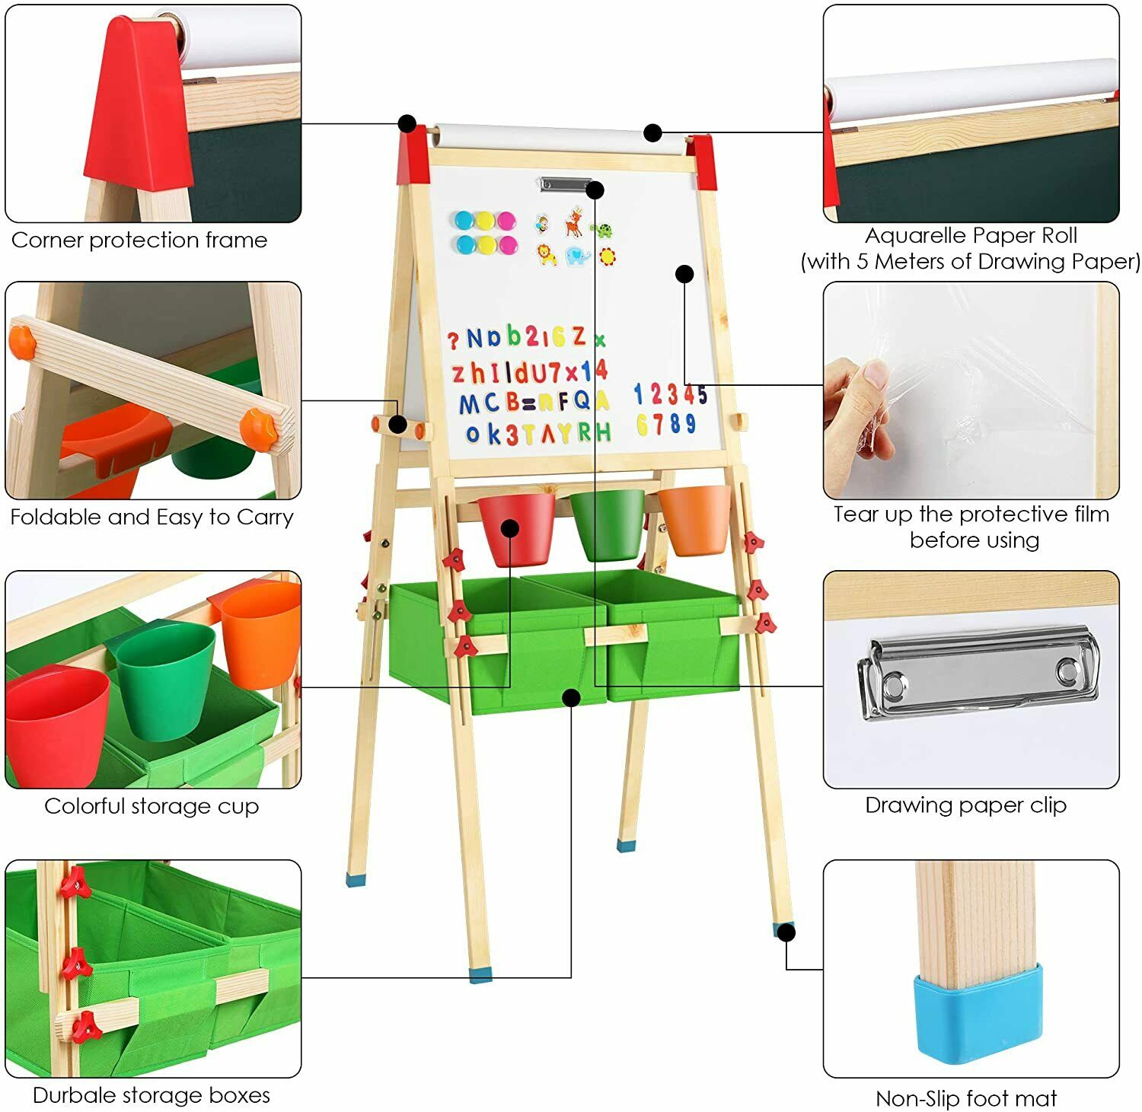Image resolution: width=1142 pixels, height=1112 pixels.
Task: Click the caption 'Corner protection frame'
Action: pos(139,240)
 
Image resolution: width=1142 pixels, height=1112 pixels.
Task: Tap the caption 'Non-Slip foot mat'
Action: pos(966,1098)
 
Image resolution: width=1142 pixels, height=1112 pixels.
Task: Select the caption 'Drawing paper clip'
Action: pos(966,805)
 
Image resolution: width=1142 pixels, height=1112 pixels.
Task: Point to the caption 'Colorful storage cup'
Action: pos(152,806)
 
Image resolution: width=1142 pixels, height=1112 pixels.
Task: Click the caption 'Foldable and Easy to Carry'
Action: pos(152,518)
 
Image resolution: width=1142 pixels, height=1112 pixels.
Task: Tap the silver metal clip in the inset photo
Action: pos(978,673)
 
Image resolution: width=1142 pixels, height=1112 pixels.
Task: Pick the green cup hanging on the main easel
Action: pos(607,524)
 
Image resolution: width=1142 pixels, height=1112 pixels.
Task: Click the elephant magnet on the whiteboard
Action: pos(578,256)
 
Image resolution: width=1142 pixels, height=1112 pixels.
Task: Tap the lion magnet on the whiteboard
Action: pos(547,254)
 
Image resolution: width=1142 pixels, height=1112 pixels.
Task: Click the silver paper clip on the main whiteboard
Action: pos(566,183)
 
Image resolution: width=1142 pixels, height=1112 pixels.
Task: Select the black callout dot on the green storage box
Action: pos(572,697)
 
